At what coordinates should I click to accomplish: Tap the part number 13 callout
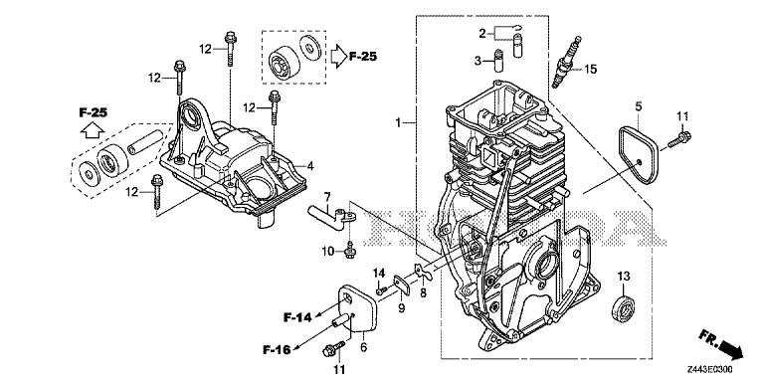tap(624, 276)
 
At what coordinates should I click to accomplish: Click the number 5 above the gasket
tap(640, 103)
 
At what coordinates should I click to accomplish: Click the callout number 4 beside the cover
tap(310, 165)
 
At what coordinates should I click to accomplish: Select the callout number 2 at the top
tap(481, 34)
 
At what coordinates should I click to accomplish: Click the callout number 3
tap(478, 61)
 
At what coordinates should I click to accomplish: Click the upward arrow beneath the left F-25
tap(92, 129)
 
